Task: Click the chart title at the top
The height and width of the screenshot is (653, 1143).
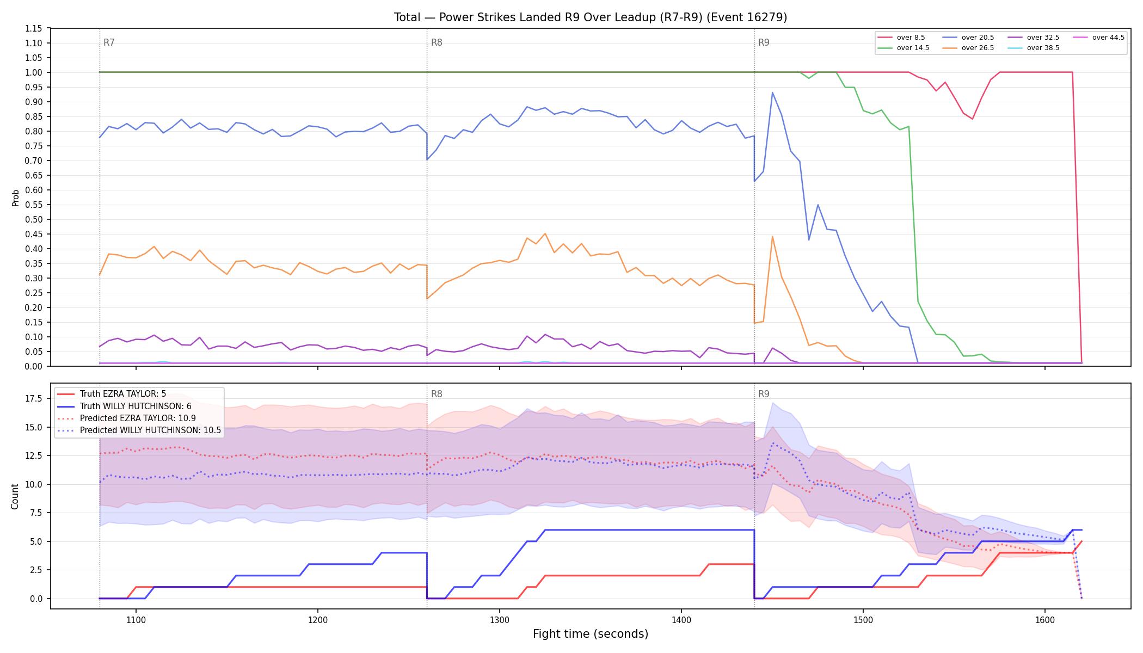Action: (591, 17)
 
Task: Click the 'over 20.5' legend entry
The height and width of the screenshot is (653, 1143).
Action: (968, 38)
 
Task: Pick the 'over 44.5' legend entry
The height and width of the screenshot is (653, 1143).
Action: (1099, 38)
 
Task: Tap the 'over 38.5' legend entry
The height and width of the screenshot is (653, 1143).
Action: (1034, 48)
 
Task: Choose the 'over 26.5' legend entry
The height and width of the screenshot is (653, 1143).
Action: (968, 48)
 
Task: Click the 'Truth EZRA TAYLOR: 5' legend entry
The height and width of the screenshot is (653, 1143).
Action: (112, 394)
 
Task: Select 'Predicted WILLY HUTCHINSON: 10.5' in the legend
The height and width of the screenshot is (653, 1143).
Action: (139, 430)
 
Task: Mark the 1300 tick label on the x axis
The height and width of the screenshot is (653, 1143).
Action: (500, 619)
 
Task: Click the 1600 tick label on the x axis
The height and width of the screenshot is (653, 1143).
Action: (1045, 619)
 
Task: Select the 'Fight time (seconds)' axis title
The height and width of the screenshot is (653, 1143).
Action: (591, 634)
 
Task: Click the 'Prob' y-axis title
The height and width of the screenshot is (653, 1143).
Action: (15, 198)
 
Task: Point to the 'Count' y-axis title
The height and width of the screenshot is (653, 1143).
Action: (15, 496)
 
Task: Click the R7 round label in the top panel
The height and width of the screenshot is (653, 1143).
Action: (109, 42)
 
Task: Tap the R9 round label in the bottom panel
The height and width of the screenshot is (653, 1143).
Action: (764, 394)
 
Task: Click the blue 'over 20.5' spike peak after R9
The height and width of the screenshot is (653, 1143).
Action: (772, 93)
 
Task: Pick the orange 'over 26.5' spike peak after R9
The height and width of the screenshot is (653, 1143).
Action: (772, 236)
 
